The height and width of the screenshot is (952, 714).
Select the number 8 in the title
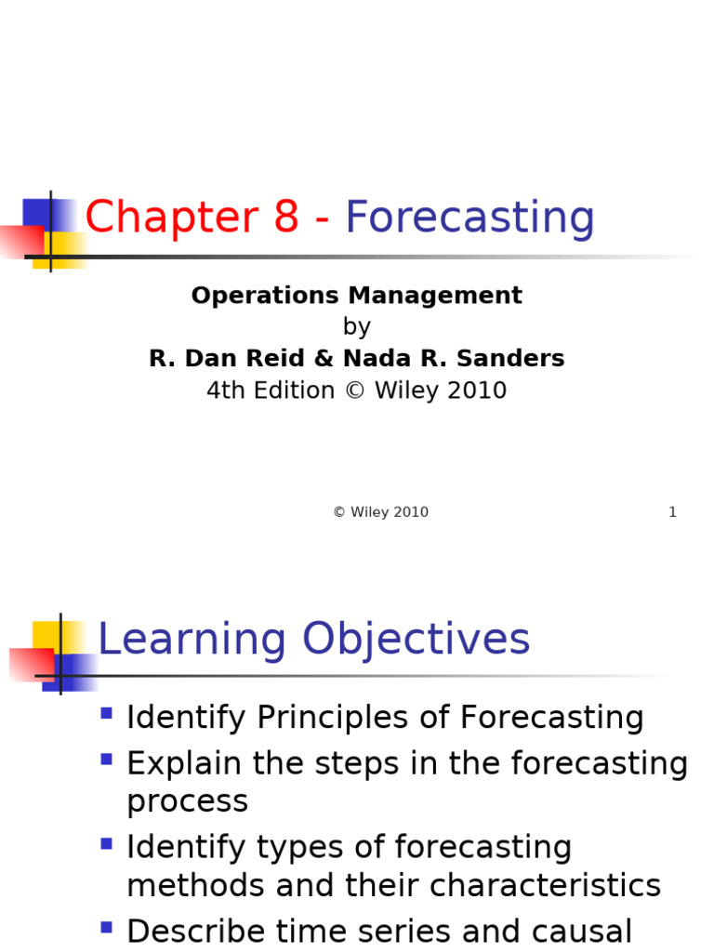285,218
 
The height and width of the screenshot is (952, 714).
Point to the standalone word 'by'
357,327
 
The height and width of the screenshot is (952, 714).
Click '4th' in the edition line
222,390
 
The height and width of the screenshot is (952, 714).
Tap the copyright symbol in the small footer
339,512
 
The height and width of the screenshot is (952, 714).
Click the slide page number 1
672,512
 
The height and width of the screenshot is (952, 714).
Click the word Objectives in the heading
416,641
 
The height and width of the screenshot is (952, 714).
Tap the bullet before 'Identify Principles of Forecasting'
106,714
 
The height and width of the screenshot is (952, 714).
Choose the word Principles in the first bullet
352,719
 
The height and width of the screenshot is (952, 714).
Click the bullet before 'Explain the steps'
106,760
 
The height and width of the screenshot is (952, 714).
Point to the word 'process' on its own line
187,802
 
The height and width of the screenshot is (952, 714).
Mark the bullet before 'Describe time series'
106,927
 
